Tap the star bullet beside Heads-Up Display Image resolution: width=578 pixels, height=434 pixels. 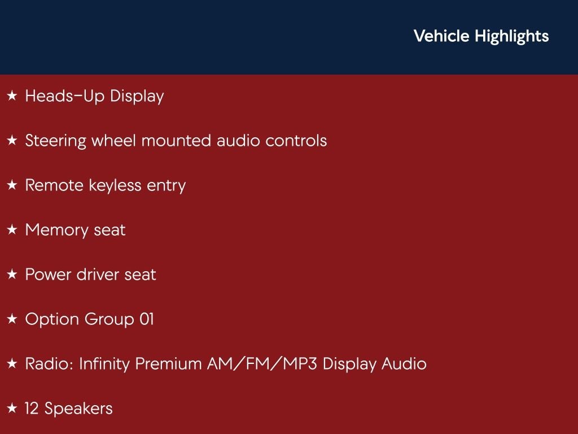coord(12,96)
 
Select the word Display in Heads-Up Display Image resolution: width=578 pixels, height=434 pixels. coord(137,97)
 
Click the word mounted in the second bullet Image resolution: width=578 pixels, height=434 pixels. coord(177,141)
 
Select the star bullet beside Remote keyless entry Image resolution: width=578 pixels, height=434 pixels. coord(12,185)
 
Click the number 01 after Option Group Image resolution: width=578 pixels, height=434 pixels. coord(146,319)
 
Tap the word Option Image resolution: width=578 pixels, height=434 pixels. coord(52,320)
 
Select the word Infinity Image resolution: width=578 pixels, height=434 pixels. coord(104,364)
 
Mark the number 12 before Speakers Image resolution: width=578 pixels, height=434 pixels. coord(32,409)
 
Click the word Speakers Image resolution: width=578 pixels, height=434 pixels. coord(78,409)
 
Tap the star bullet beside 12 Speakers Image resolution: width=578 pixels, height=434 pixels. coord(12,409)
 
